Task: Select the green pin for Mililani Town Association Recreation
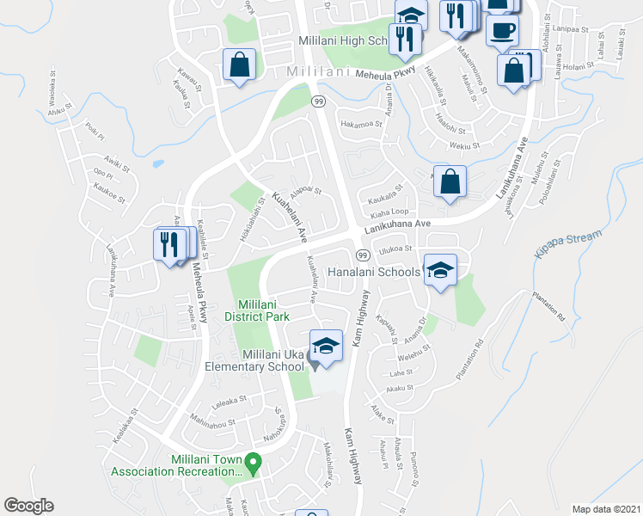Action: pos(253,464)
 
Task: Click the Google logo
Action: pos(28,506)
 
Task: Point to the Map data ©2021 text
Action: pos(605,508)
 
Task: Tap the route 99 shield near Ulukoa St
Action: pos(362,256)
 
